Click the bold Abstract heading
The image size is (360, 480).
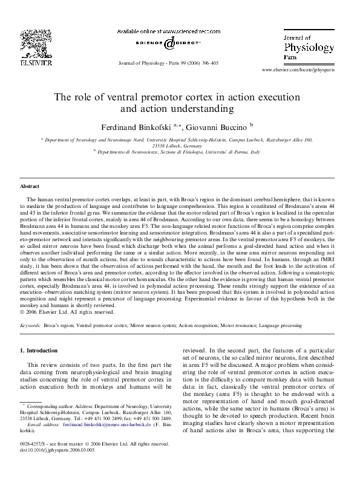[x=30, y=187]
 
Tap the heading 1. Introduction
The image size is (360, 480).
[x=41, y=350]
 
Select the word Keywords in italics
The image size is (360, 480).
[x=30, y=326]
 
